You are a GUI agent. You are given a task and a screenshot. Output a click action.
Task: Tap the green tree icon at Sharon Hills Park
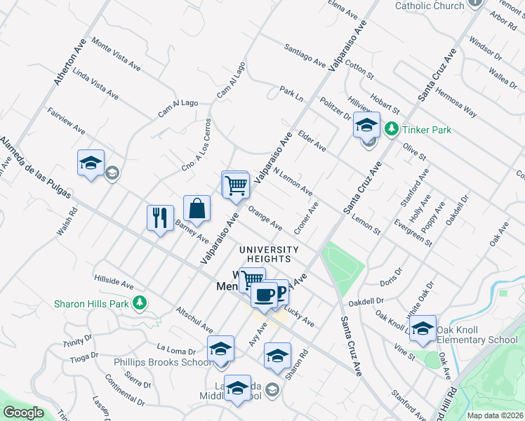click(x=140, y=303)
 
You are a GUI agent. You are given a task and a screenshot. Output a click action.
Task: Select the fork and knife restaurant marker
click(x=160, y=218)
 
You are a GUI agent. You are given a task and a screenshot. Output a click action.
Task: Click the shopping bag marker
click(x=197, y=208)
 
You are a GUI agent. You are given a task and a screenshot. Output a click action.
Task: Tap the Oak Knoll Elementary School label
click(x=477, y=335)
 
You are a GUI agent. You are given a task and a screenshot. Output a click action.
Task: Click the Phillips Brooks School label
click(x=163, y=362)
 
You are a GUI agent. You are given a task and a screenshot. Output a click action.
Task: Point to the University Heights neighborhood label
click(x=268, y=254)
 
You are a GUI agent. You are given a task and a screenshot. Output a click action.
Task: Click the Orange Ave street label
click(x=265, y=219)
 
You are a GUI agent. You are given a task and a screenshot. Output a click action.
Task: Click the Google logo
click(x=23, y=413)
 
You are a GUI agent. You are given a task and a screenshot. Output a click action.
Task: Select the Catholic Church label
click(x=430, y=6)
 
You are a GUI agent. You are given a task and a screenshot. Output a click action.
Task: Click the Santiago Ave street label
click(x=305, y=58)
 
